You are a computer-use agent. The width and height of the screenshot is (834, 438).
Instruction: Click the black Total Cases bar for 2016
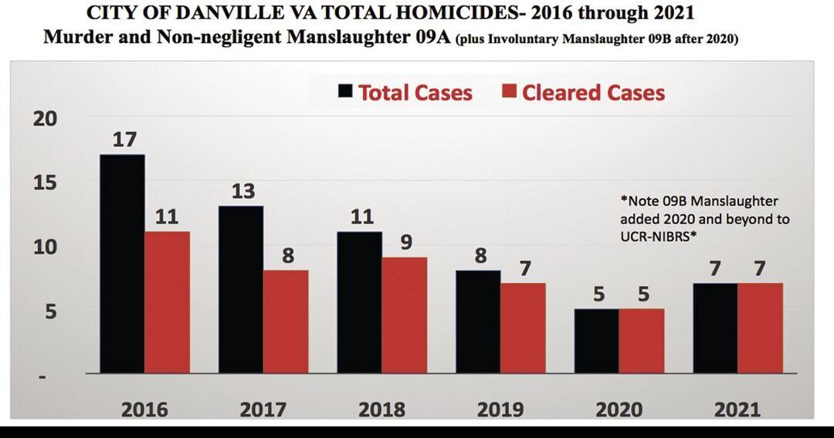(x=122, y=263)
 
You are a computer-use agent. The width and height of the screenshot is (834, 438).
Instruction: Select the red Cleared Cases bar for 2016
(x=167, y=302)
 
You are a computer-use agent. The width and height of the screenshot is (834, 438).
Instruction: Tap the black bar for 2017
(x=241, y=289)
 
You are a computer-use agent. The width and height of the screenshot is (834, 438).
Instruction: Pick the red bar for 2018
(x=404, y=315)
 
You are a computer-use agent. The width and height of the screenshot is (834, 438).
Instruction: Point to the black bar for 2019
(x=478, y=321)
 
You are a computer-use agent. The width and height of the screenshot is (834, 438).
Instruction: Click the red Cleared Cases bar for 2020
(x=641, y=341)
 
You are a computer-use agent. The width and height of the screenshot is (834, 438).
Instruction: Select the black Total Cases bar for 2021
(x=715, y=328)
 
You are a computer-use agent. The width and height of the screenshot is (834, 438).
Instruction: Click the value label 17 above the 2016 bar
(x=124, y=140)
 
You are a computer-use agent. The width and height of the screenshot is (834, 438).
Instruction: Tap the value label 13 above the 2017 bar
(x=242, y=191)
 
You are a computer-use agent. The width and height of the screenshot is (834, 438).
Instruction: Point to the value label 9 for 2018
(x=405, y=243)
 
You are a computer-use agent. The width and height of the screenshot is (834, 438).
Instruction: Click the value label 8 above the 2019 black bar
(x=480, y=256)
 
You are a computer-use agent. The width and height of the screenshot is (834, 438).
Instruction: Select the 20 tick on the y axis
(x=46, y=119)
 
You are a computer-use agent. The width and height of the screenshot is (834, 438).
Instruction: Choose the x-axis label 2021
(x=737, y=409)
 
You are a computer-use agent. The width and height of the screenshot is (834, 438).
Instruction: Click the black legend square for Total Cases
(x=345, y=92)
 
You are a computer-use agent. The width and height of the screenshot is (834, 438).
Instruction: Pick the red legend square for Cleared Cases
(x=509, y=92)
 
